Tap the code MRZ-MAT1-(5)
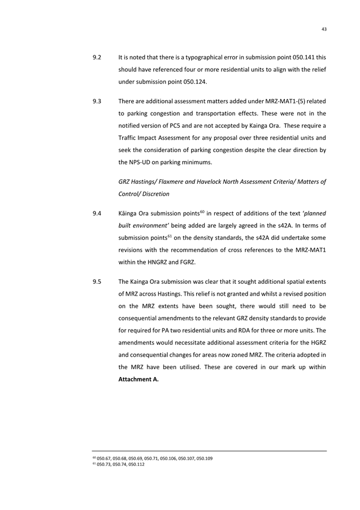tap(279, 101)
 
